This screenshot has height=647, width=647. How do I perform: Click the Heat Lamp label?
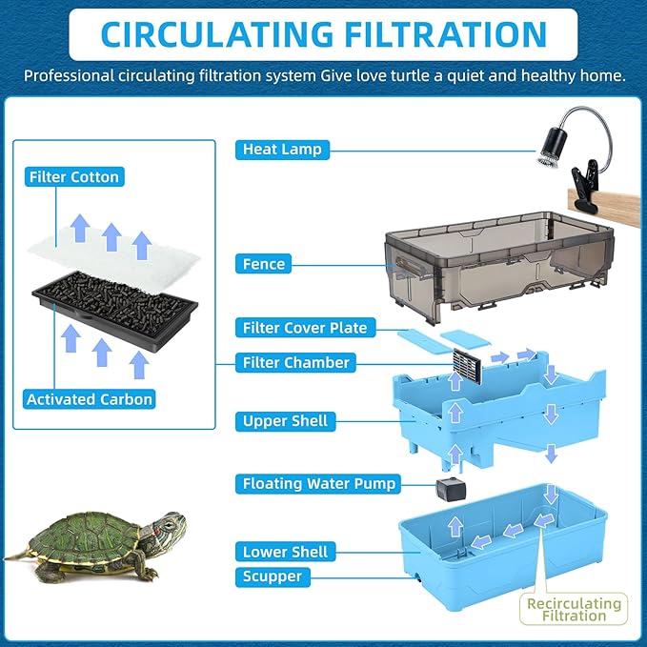pos(282,150)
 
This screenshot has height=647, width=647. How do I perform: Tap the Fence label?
pos(263,264)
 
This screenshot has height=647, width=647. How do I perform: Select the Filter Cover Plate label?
pos(305,328)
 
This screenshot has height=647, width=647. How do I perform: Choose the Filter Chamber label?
pos(295,363)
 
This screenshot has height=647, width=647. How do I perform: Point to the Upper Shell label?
pos(285,421)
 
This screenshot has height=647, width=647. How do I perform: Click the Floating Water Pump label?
pos(318,484)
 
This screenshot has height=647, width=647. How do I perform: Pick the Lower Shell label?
pos(285,552)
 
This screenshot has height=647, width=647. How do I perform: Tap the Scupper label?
pos(273,576)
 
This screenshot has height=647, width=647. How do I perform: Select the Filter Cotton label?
pos(74,176)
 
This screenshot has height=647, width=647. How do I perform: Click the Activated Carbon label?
pos(90,399)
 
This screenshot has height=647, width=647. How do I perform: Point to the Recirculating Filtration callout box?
pos(574,609)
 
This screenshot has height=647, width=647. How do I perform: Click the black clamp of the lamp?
pos(583,185)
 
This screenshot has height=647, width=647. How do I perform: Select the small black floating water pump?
pos(451,489)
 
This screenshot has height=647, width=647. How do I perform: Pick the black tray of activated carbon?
pos(114,311)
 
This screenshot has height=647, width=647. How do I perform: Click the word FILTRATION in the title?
pos(445,34)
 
